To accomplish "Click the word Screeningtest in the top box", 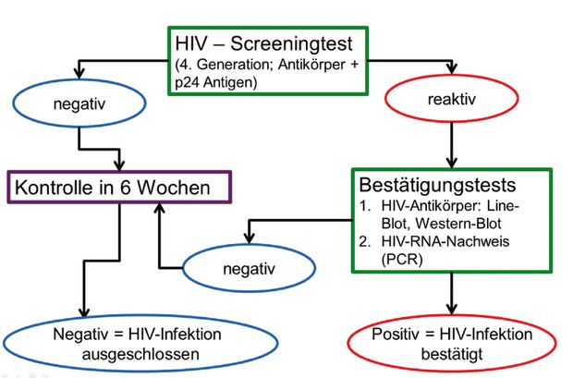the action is [x=291, y=44].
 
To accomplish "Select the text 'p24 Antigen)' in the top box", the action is [x=216, y=82].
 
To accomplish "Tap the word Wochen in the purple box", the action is [x=173, y=188].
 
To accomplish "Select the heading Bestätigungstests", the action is [x=437, y=185].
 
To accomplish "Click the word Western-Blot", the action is [x=458, y=223].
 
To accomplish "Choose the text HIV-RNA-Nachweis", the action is [x=445, y=241].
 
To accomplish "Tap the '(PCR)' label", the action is [x=402, y=259].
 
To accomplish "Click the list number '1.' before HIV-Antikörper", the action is [x=365, y=206].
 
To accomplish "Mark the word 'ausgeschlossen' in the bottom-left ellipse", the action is [x=140, y=354].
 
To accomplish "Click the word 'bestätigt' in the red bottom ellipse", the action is [x=452, y=354].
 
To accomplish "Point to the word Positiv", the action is [x=395, y=335].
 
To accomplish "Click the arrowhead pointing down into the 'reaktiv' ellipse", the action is [x=452, y=69].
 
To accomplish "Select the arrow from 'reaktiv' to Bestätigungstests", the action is [x=452, y=145].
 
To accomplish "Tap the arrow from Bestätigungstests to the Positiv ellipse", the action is [x=452, y=294].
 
